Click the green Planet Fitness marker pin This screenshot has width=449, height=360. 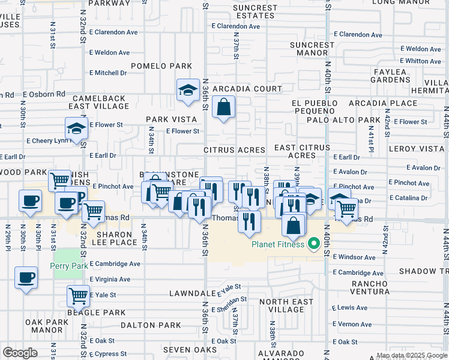point(313,244)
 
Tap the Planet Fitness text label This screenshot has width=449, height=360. point(279,244)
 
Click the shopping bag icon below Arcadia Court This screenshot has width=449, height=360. point(223,107)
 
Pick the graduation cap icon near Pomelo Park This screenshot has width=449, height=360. point(188,90)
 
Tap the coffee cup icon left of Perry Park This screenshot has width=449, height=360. point(26,278)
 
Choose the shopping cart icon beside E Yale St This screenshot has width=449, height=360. point(78,295)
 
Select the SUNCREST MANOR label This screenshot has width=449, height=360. point(312,49)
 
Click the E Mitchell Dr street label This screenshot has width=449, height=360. point(108,73)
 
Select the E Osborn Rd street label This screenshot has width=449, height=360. point(44,94)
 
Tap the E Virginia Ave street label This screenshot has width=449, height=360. point(110,279)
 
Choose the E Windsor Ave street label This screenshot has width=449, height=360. point(354,257)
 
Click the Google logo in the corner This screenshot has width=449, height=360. point(20,353)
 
